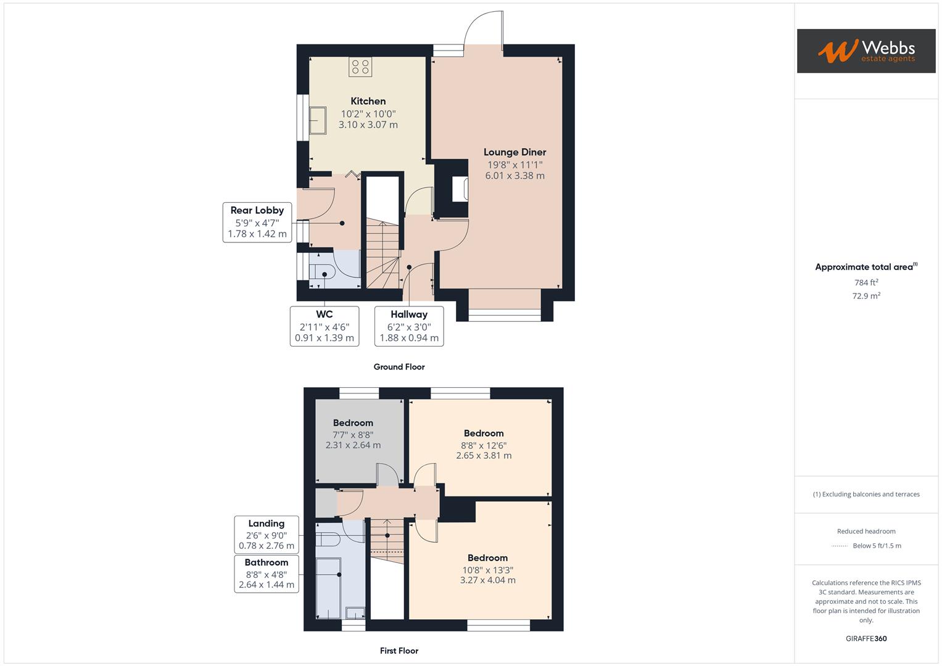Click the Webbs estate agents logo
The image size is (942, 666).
[866, 51]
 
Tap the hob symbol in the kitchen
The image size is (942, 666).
[360, 67]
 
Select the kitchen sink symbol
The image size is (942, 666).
[318, 120]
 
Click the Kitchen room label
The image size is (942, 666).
[368, 101]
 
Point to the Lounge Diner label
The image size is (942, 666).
[514, 152]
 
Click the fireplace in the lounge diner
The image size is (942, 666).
[460, 189]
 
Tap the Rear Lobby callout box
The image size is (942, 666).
[257, 222]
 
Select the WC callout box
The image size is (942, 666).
[324, 326]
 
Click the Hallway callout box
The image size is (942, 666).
[409, 326]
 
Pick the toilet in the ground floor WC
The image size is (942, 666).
[321, 272]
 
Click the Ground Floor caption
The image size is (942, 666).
[399, 367]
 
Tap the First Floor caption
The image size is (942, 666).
[399, 651]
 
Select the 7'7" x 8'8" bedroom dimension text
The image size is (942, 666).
[353, 434]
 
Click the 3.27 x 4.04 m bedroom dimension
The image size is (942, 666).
[487, 580]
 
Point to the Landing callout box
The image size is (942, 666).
[266, 535]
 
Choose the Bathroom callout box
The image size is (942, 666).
[266, 573]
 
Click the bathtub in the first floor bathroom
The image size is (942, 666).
[328, 587]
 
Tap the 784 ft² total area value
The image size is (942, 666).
[866, 282]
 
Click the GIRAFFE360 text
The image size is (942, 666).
[866, 638]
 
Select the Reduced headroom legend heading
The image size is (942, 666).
[866, 531]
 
